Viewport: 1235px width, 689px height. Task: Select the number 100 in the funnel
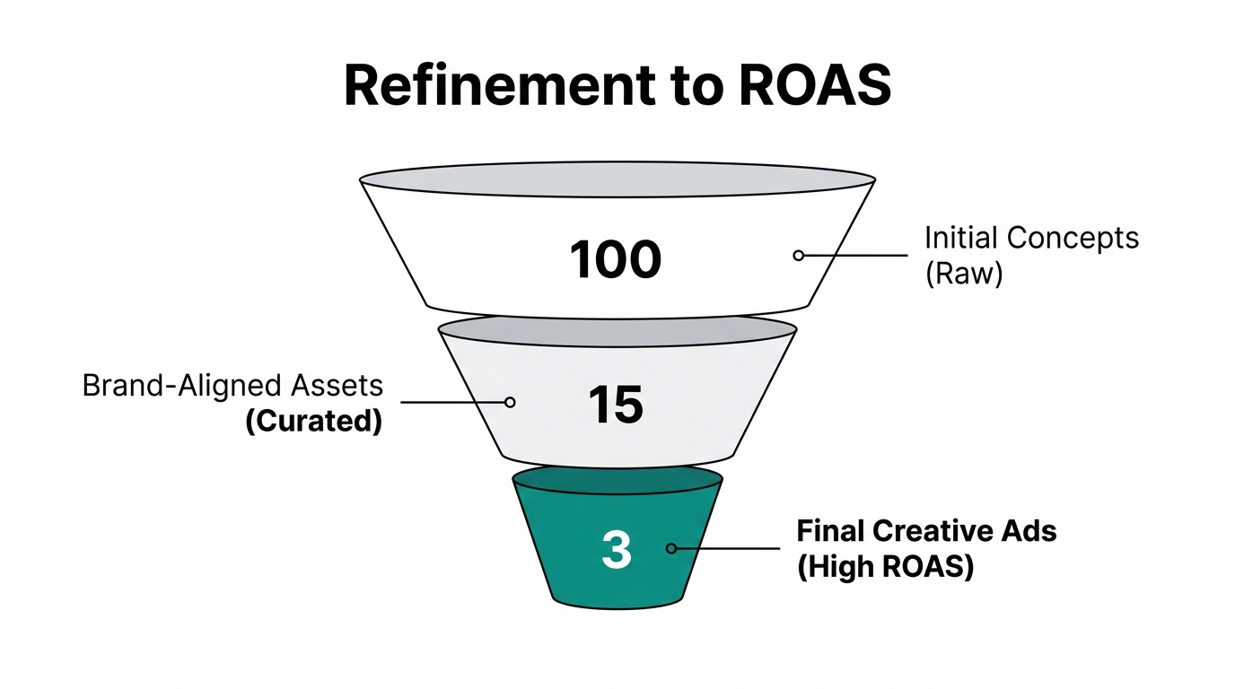(x=616, y=259)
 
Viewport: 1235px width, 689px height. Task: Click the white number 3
(x=616, y=549)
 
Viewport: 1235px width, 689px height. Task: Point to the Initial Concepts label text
(x=1031, y=238)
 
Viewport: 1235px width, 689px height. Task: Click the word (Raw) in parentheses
(x=963, y=273)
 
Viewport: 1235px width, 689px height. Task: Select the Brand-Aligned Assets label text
(x=232, y=385)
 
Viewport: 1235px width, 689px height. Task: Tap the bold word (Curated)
(x=313, y=420)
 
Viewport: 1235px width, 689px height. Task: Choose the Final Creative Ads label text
(x=926, y=531)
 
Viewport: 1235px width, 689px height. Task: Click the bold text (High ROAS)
(x=885, y=567)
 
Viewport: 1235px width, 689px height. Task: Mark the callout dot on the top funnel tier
(x=798, y=256)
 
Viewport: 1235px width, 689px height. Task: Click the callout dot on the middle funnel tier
(x=510, y=403)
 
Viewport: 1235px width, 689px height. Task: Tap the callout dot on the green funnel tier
(x=670, y=548)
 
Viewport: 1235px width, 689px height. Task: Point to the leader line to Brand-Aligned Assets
(x=453, y=403)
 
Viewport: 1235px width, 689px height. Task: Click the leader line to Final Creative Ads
(x=727, y=548)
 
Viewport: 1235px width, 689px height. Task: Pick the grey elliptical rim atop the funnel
(x=617, y=179)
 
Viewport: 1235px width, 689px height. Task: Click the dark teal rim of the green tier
(x=617, y=479)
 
